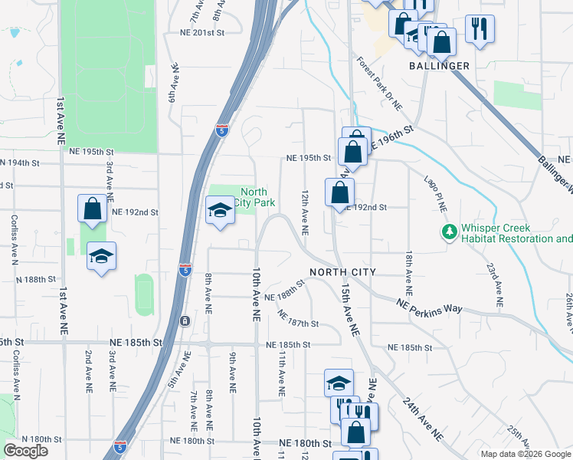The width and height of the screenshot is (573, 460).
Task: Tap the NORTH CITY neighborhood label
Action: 342,272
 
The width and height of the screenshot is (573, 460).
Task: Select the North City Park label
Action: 254,197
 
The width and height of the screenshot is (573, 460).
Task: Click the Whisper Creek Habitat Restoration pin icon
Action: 449,231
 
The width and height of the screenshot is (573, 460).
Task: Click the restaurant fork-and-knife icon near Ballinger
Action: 480,28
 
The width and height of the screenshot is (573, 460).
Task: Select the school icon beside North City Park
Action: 220,210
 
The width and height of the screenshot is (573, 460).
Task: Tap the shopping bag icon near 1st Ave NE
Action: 92,209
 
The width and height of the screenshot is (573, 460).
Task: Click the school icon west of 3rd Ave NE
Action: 100,257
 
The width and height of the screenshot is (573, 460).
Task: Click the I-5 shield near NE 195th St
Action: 221,131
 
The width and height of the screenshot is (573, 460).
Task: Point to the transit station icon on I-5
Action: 184,320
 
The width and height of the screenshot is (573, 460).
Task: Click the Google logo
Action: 25,451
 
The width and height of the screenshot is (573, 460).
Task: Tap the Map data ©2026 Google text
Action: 525,454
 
